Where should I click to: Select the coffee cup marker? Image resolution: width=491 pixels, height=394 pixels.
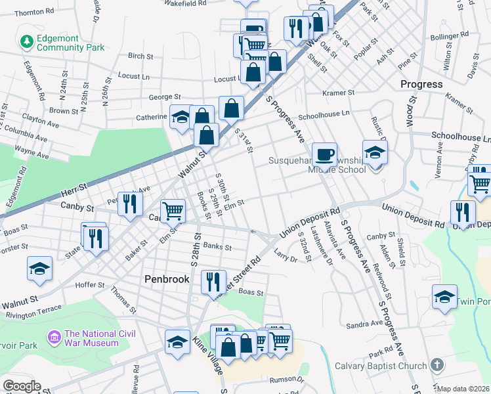[x=324, y=154]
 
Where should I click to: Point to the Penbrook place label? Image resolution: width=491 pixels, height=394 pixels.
[x=167, y=279]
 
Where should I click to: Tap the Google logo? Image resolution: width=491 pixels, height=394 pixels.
[x=21, y=386]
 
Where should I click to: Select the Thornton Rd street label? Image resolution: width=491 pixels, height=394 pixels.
[x=34, y=12]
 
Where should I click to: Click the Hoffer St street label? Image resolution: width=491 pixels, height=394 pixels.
[x=91, y=285]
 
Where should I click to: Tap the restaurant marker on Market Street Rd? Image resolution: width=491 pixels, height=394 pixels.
[x=213, y=282]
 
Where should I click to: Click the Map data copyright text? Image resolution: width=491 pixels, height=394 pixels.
[x=463, y=389]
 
